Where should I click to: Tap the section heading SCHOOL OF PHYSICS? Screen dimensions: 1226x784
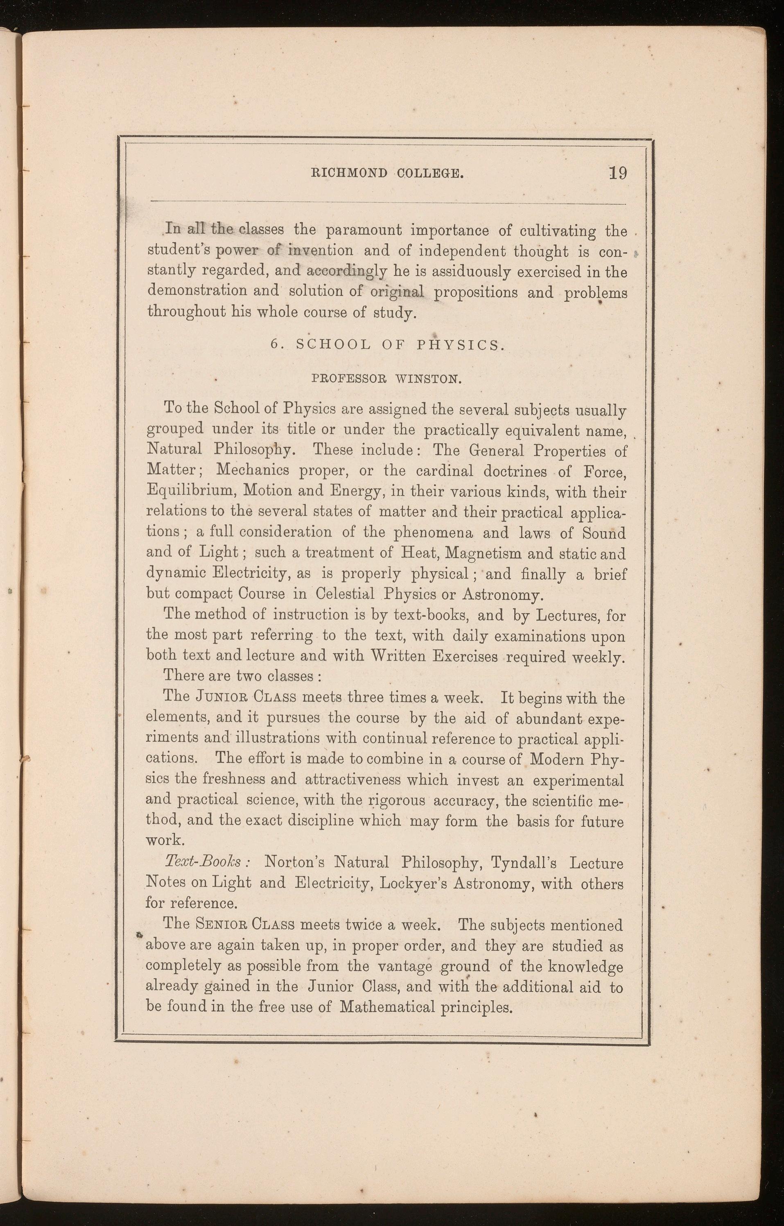click(400, 345)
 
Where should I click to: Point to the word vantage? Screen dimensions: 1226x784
click(405, 966)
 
